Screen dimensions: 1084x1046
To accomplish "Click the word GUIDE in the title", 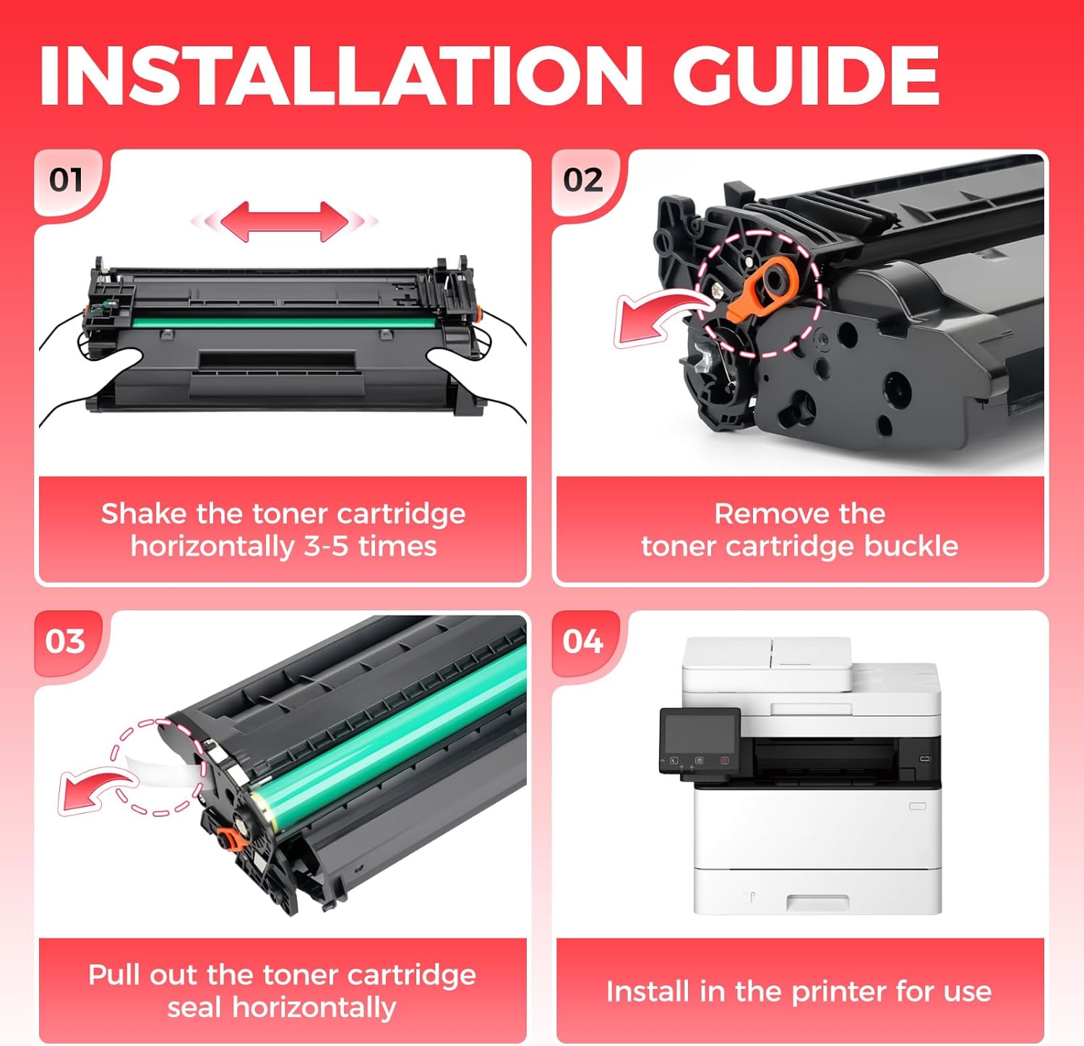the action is (x=806, y=76).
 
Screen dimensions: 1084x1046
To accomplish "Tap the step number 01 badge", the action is (x=66, y=180).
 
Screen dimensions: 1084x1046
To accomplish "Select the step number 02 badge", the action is (x=583, y=180).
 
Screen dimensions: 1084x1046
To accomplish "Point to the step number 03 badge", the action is (x=66, y=641).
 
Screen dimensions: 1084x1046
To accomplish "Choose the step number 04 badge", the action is (x=583, y=641).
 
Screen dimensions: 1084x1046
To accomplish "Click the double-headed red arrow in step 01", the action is (x=285, y=220).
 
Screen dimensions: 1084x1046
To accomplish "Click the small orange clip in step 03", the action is (x=231, y=839).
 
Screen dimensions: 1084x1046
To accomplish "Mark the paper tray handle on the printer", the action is (x=817, y=902).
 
